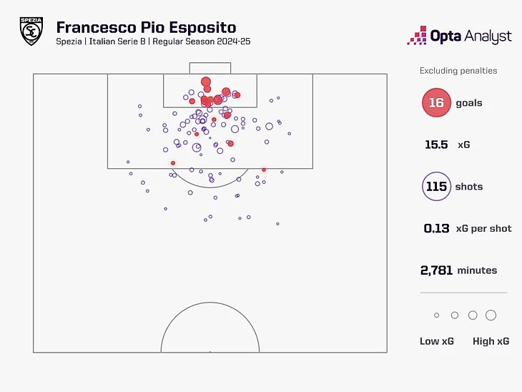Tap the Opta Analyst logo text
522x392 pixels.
tap(471, 35)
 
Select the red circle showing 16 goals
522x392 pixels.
tap(435, 103)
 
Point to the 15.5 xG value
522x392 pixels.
tap(436, 144)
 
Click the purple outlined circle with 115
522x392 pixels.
tap(435, 187)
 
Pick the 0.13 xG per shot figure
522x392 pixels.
tap(436, 229)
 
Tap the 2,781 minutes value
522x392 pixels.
tap(437, 270)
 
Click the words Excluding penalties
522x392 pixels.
tap(458, 71)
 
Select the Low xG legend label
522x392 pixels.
tap(436, 341)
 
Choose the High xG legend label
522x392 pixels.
tap(491, 341)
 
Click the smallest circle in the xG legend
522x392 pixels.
tap(436, 315)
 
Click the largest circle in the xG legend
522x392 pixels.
tap(491, 315)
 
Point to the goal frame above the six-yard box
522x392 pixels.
tap(210, 68)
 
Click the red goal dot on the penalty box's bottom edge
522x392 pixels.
tap(264, 170)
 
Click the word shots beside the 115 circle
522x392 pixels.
tap(469, 187)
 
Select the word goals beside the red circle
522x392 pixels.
tap(469, 103)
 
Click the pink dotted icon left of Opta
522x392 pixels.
tap(417, 35)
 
